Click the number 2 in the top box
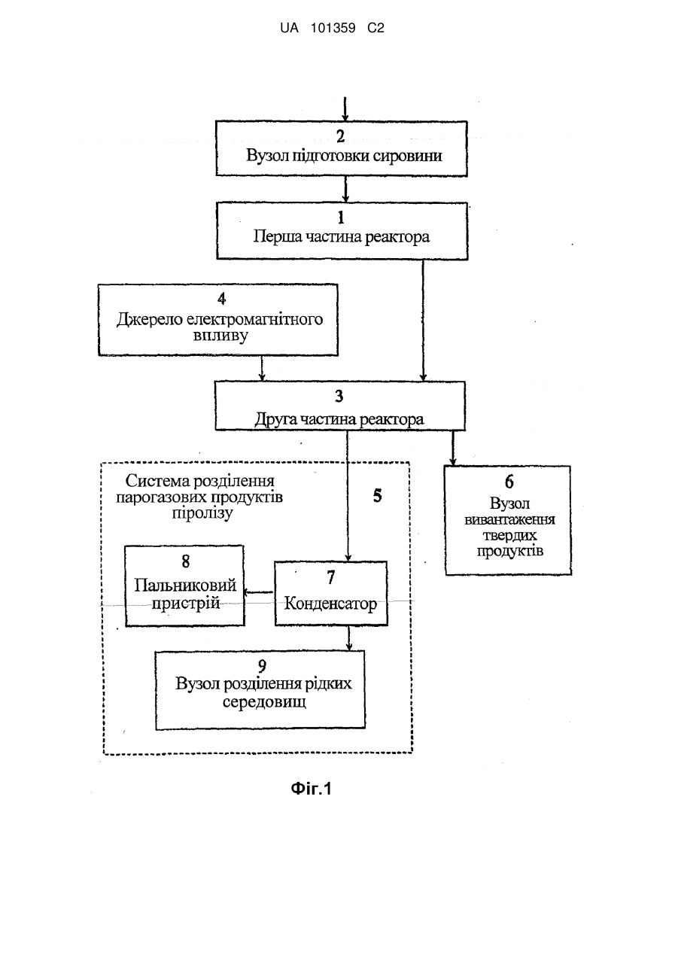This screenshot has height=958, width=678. click(x=340, y=136)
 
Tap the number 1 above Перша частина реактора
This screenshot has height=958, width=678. click(x=341, y=217)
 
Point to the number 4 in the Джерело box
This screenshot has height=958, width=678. click(x=221, y=299)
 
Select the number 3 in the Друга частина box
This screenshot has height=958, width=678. click(x=339, y=396)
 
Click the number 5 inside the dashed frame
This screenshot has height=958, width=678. click(x=377, y=496)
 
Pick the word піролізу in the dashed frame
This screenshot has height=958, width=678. click(x=202, y=513)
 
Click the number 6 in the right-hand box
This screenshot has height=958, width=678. click(x=509, y=482)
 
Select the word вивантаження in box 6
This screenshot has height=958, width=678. click(x=509, y=519)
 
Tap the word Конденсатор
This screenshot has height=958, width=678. click(x=330, y=604)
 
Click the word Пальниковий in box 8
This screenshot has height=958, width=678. click(x=185, y=585)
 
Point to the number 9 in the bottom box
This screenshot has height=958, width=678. click(x=262, y=666)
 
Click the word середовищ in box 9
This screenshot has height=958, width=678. click(x=264, y=702)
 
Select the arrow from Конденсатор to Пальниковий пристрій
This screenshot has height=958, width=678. click(x=258, y=592)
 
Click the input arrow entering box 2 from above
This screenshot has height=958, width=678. click(x=345, y=109)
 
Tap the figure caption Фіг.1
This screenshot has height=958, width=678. click(x=311, y=788)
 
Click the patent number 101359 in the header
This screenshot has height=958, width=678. click(x=333, y=29)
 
